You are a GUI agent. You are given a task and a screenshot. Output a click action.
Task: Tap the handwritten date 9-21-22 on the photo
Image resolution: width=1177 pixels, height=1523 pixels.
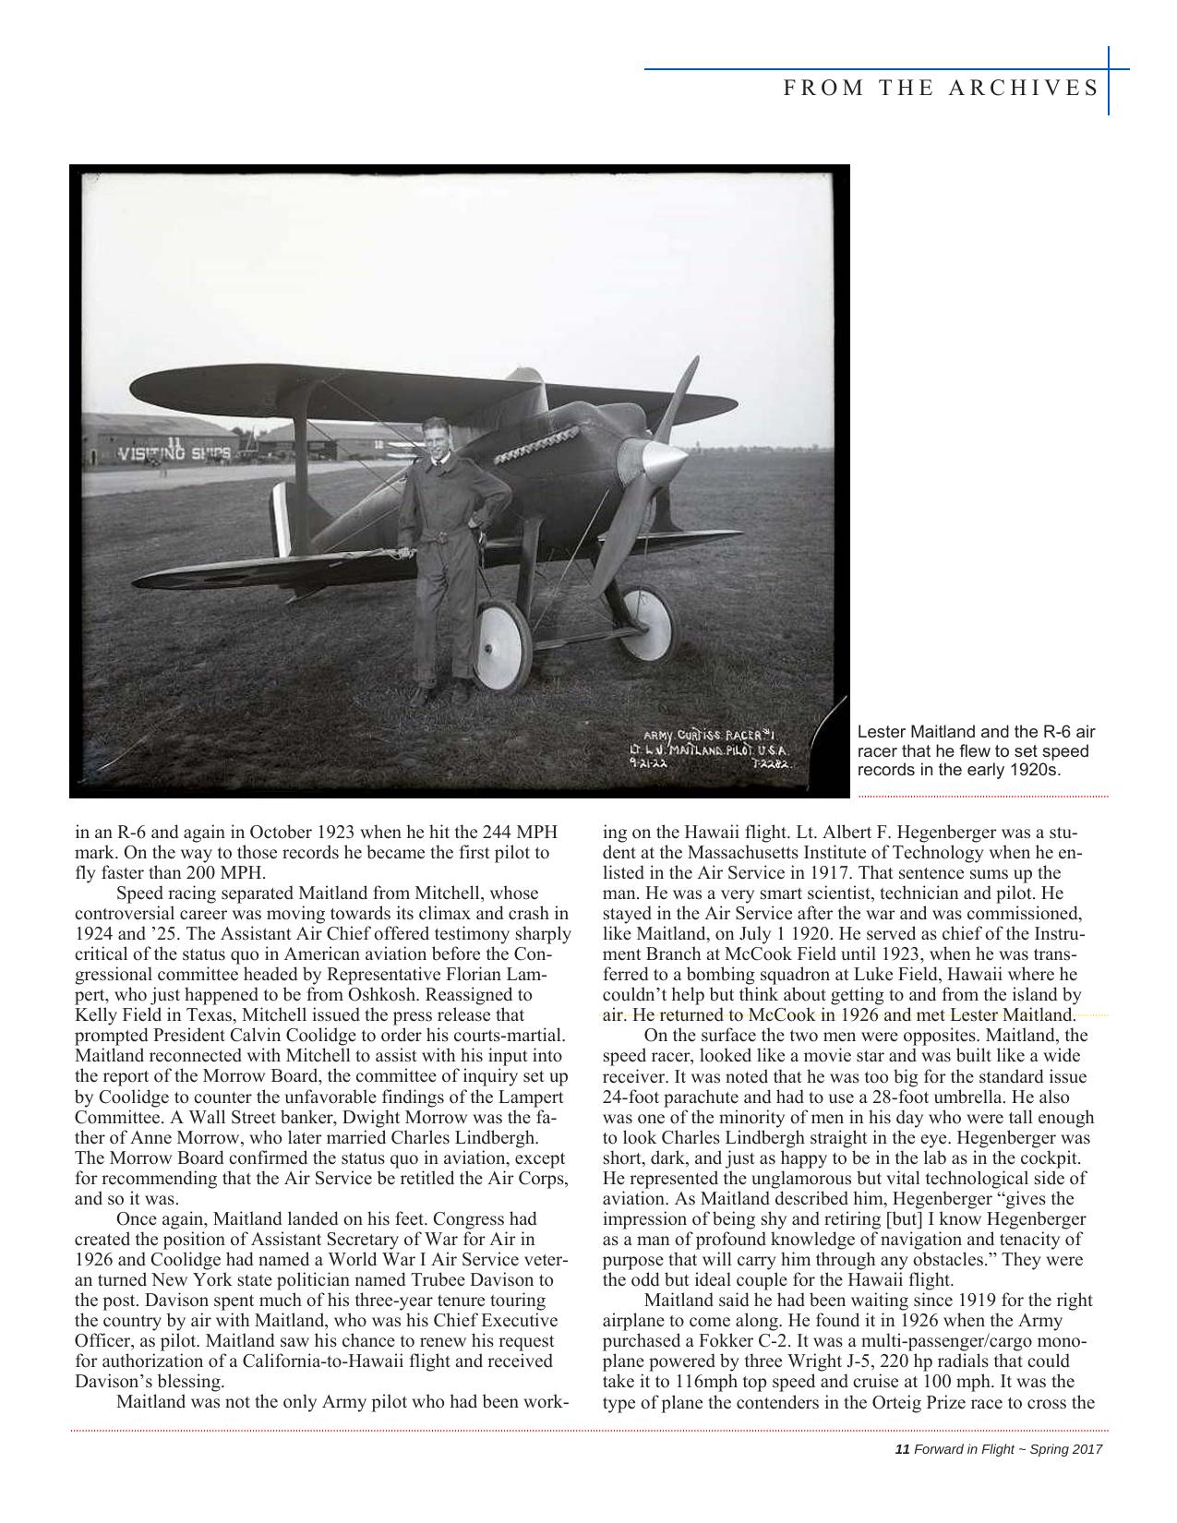pyautogui.click(x=648, y=764)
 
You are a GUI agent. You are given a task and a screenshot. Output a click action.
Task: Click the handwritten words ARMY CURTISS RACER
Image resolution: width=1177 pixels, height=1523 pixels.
pyautogui.click(x=709, y=736)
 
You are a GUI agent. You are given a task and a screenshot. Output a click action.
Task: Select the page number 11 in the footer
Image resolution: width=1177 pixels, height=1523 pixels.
pyautogui.click(x=903, y=1449)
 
